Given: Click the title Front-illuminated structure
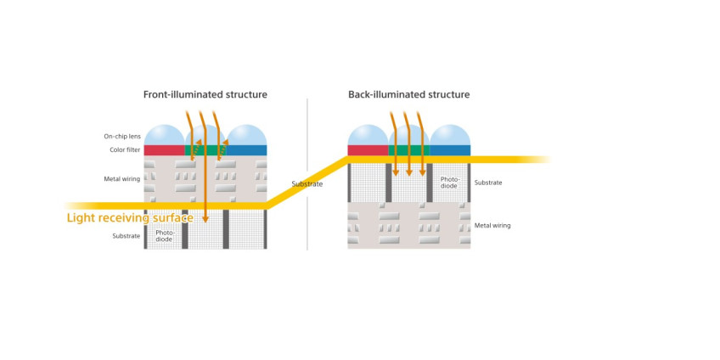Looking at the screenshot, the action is (x=205, y=94).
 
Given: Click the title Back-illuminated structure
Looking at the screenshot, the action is (x=408, y=94).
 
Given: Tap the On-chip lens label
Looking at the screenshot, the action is (x=121, y=137).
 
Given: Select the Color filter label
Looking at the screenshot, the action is (x=125, y=149).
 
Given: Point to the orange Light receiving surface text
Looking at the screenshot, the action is (x=130, y=217).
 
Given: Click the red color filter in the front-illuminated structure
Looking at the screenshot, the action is (x=165, y=150).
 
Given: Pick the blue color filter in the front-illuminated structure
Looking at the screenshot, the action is (x=246, y=150).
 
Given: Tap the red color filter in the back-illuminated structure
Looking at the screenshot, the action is (x=368, y=150).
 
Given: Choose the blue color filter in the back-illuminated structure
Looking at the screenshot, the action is (x=450, y=150).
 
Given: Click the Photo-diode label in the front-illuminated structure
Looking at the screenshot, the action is (x=166, y=236).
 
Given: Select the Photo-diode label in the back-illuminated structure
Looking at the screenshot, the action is (x=449, y=183).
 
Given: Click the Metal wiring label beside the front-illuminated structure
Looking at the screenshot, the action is (x=121, y=179).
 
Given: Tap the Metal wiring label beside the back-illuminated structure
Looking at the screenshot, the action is (x=492, y=226).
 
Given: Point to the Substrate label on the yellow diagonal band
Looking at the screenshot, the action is (x=307, y=184).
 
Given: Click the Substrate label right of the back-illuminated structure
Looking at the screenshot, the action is (x=488, y=183).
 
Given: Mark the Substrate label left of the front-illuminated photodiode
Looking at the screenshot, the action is (x=127, y=236).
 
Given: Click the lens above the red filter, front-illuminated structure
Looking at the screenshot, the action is (x=165, y=135).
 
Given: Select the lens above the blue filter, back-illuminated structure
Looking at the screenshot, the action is (x=450, y=135).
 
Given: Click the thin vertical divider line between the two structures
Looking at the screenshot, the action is (x=307, y=175).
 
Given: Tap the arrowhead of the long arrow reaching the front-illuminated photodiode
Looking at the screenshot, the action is (x=205, y=219).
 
